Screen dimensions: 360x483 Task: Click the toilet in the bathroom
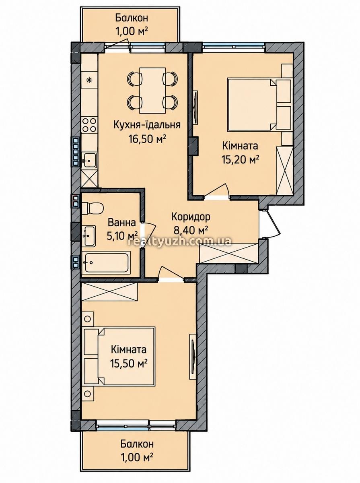click(x=93, y=208)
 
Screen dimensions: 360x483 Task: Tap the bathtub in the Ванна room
click(x=106, y=262)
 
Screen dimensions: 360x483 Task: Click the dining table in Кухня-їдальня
click(x=152, y=91)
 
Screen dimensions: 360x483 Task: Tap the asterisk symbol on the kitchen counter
click(x=89, y=80)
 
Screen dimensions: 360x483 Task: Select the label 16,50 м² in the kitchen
click(x=147, y=139)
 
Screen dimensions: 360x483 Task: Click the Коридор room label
click(x=191, y=217)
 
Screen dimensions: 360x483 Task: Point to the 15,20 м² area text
click(x=240, y=160)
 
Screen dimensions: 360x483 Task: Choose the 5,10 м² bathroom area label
click(x=122, y=236)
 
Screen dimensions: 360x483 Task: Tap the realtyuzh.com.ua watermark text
click(x=180, y=242)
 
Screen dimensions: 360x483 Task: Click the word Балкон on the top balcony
click(x=132, y=18)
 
